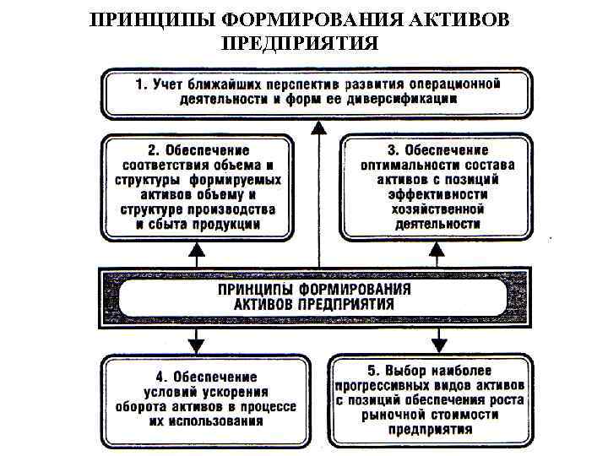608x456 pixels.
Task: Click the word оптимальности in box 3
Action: (x=405, y=165)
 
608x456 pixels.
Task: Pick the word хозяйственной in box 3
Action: (x=437, y=209)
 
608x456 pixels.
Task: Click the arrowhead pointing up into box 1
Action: (x=318, y=128)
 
